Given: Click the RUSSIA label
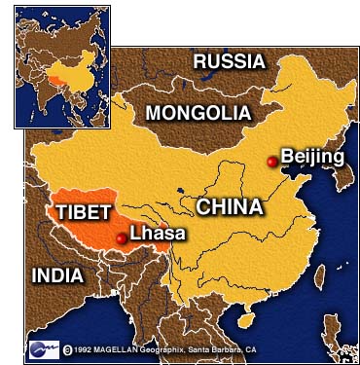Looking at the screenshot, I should coord(229,61).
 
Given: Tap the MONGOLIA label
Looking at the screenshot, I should coord(198,113).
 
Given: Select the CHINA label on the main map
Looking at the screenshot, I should coord(229,206).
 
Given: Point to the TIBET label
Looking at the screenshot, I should coord(83,212).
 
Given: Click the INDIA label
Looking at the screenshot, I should coord(57,275).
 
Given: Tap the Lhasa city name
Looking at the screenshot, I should coord(157,234).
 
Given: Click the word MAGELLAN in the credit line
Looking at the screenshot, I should coord(133,348).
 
